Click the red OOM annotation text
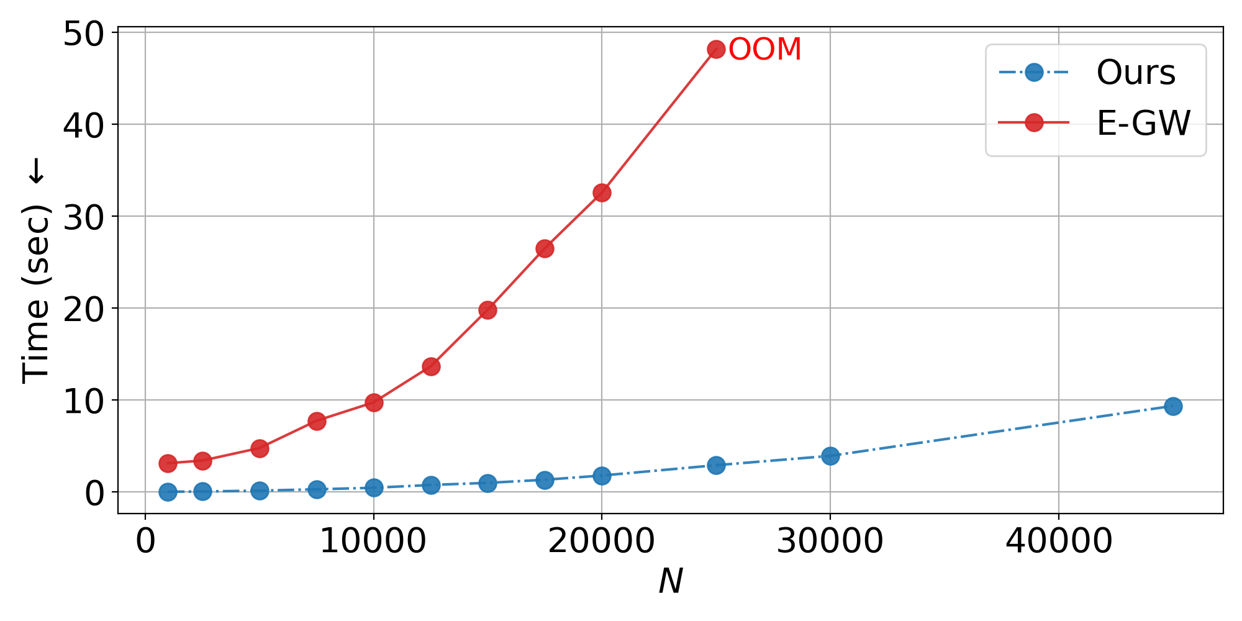[x=764, y=50]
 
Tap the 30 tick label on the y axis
[x=83, y=217]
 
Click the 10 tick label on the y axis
[x=83, y=401]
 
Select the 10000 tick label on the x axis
[x=373, y=542]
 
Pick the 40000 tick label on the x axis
[x=1058, y=542]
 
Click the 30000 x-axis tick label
[x=830, y=542]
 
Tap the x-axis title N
[x=670, y=582]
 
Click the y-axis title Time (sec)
[x=35, y=270]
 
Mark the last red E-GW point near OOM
[x=716, y=50]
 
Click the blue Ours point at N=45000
[x=1172, y=407]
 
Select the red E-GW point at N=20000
[x=602, y=193]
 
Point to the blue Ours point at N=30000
[x=830, y=456]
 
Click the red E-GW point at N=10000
[x=374, y=402]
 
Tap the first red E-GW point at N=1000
[x=168, y=463]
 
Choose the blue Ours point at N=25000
[x=716, y=465]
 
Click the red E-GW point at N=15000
[x=487, y=310]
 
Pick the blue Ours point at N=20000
[x=602, y=476]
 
